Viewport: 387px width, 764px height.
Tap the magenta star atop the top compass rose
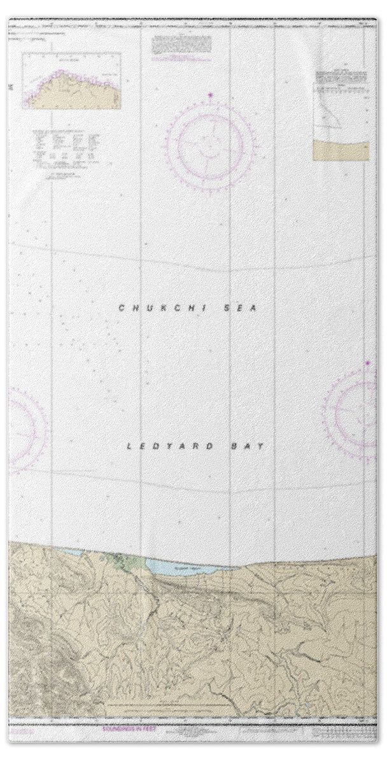[211, 97]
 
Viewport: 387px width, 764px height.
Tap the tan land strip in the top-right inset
[341, 151]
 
